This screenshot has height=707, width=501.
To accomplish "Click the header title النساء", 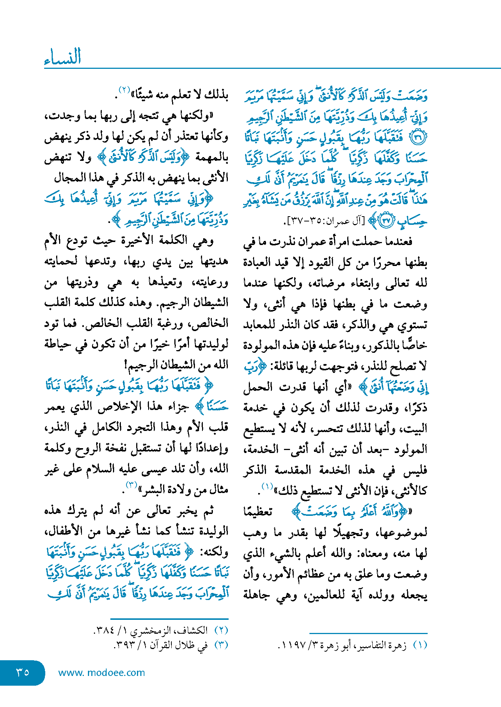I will point(62,57).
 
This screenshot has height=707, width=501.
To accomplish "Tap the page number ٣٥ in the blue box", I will point(22,672).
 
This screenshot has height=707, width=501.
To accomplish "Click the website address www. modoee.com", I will point(101,673).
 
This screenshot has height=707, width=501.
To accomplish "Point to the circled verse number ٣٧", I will point(386,221).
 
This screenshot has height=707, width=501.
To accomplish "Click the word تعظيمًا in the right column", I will point(258,511).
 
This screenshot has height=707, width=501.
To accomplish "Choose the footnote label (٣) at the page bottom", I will point(221,645).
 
